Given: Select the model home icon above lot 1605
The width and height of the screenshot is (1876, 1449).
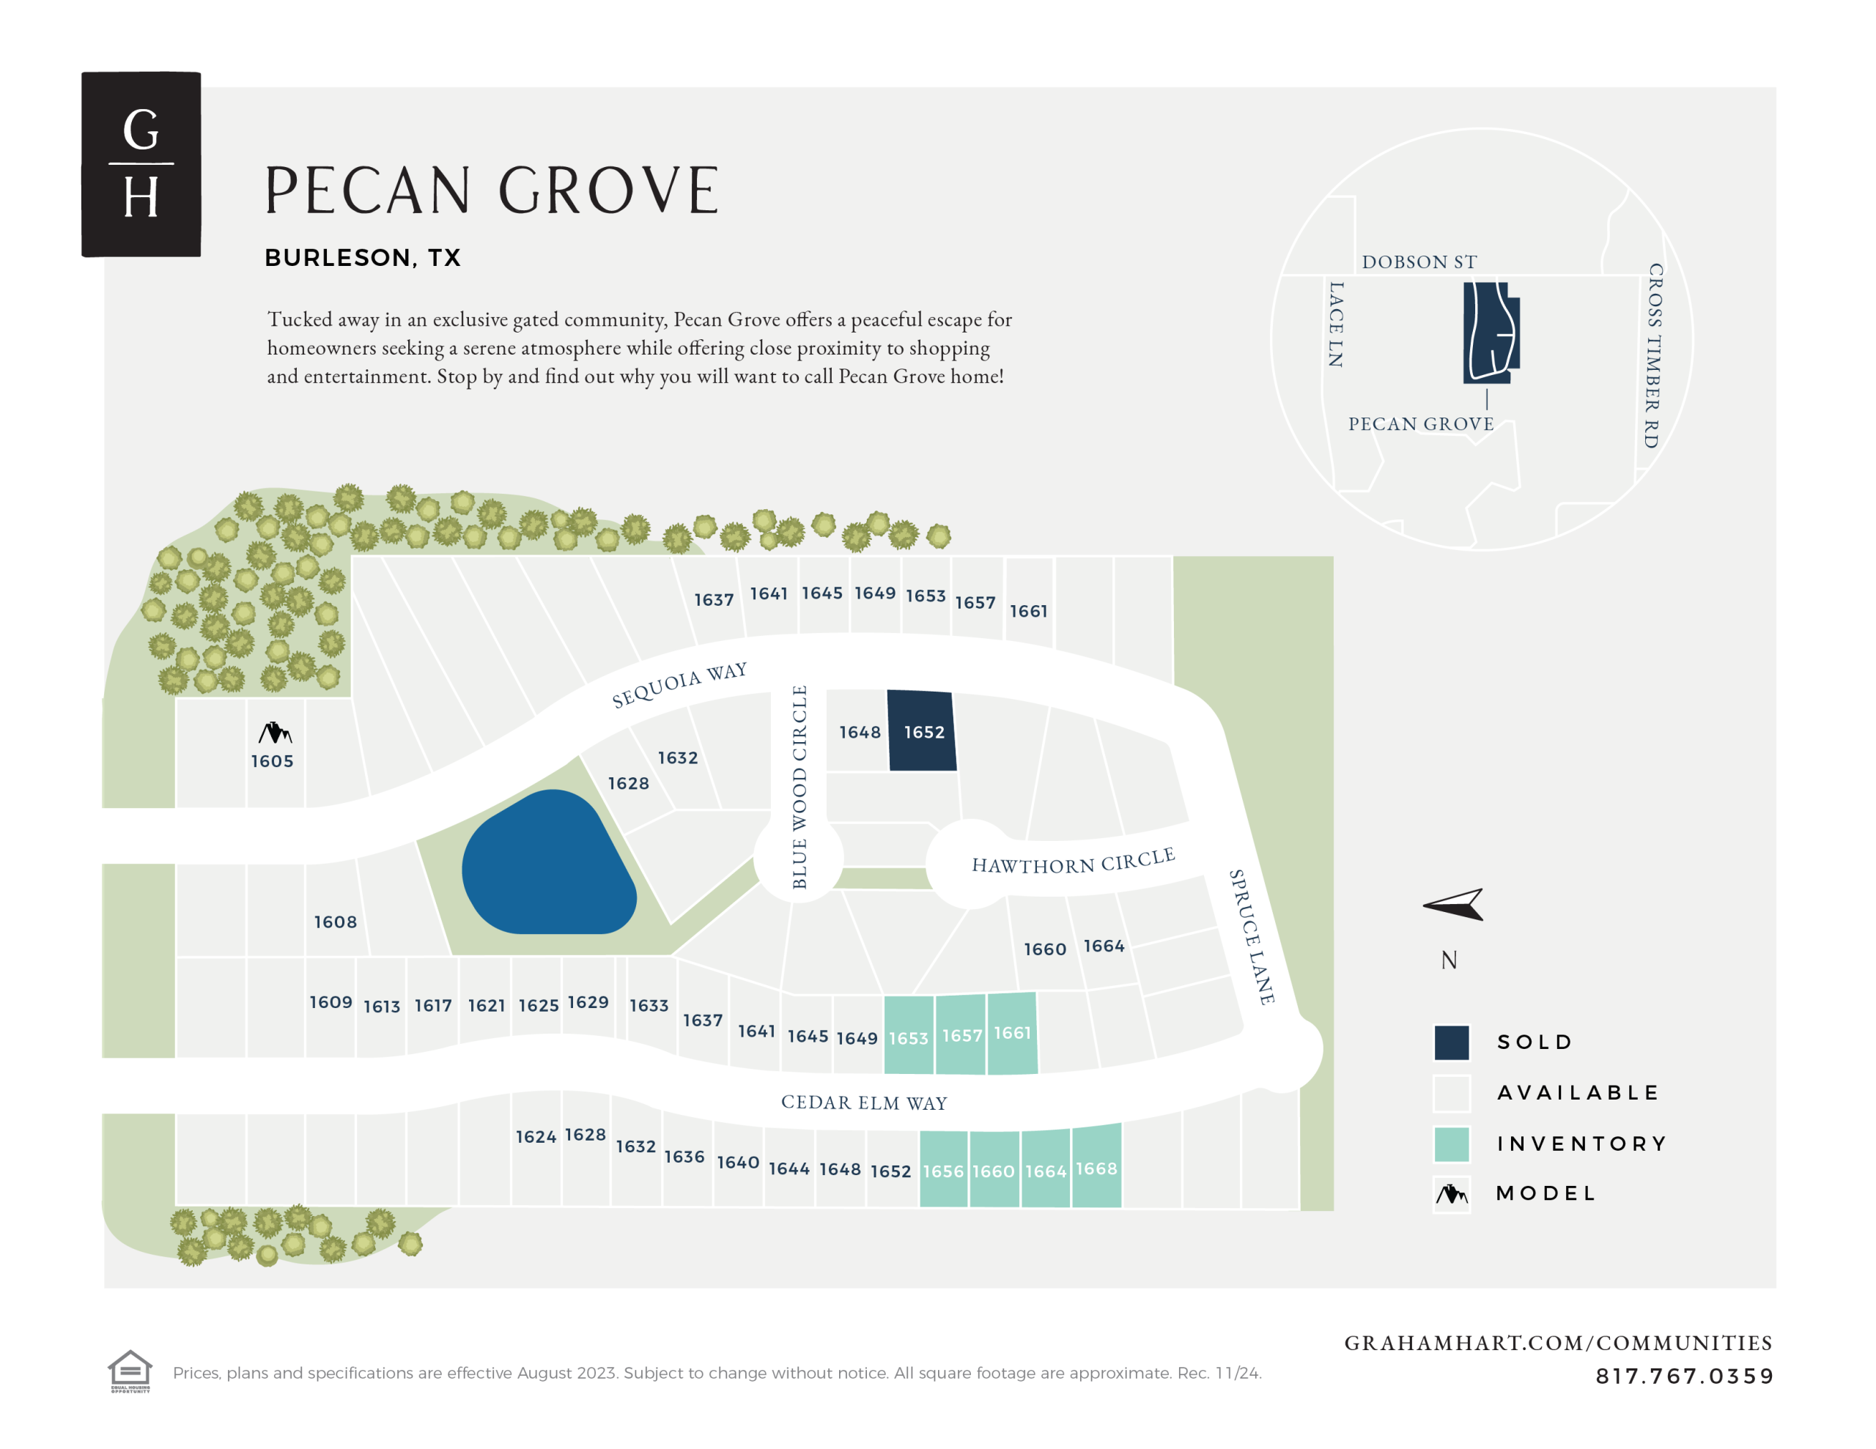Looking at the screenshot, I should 275,733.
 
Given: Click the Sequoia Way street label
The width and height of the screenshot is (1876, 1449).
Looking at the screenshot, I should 679,684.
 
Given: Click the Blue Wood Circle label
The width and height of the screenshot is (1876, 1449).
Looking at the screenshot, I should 799,786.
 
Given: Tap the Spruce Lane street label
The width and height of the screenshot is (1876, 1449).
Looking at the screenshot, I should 1251,936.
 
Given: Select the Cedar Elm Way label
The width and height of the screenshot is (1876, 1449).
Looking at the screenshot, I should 863,1102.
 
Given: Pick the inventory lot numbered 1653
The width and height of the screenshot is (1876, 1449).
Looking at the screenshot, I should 908,1037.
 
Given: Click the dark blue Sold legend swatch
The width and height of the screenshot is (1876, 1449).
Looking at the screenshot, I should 1451,1042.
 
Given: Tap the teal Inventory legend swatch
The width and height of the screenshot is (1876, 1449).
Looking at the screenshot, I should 1451,1144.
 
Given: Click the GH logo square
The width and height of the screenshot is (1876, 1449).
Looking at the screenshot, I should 141,164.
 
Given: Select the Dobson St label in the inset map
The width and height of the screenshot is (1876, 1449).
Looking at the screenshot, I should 1419,262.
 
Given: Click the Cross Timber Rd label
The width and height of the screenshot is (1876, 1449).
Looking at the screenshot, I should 1653,355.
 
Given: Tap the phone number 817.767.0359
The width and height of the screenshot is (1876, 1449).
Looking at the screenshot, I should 1683,1376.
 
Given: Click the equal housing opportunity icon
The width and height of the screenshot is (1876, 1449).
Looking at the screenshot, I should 130,1370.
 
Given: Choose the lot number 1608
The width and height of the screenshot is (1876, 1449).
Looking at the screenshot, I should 335,922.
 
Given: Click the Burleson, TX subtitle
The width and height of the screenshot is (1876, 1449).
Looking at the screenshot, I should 363,258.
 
